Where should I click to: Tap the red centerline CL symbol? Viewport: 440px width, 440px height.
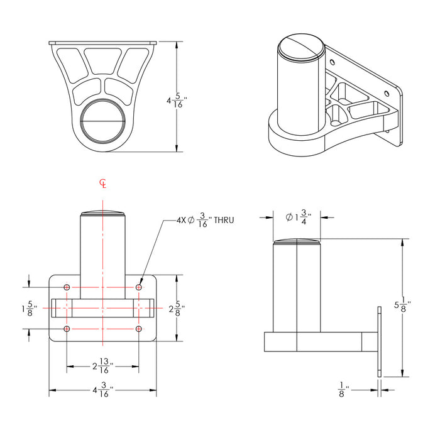click(103, 184)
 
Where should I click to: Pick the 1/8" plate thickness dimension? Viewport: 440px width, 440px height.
click(342, 390)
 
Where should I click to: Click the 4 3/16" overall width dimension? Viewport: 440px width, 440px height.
click(102, 390)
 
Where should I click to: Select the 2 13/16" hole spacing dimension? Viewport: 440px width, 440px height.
click(102, 366)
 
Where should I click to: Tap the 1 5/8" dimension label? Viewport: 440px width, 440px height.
click(29, 309)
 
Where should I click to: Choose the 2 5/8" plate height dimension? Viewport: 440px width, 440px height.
click(176, 309)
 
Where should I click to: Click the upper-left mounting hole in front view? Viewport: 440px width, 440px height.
click(67, 287)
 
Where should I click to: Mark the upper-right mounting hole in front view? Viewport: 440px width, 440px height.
click(138, 287)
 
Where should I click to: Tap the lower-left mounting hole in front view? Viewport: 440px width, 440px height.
click(67, 329)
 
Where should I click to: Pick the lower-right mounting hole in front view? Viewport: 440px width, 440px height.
click(138, 329)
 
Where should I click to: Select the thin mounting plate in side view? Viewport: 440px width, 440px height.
click(379, 342)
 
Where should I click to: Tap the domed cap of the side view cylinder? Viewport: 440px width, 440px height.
click(297, 241)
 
